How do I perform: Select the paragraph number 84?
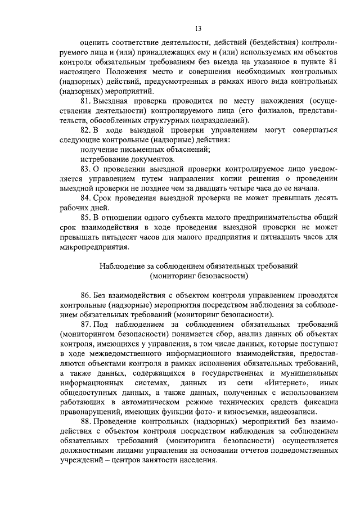coord(86,198)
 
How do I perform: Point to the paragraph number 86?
coord(86,294)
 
